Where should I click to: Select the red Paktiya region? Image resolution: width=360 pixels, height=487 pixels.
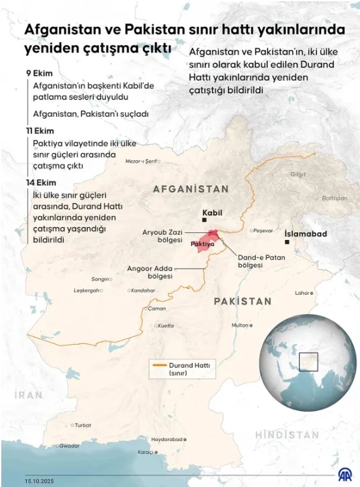click(x=206, y=243)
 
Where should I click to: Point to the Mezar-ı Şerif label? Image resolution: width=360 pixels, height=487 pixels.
click(x=142, y=161)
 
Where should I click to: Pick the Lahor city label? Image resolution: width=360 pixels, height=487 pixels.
click(x=303, y=294)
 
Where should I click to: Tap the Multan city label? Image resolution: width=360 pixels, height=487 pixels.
click(x=239, y=325)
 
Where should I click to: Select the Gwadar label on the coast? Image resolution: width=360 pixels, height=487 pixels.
click(x=69, y=446)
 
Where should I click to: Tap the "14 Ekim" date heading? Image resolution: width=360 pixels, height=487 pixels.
click(x=40, y=183)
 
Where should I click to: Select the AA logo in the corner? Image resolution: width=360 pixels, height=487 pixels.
click(x=345, y=475)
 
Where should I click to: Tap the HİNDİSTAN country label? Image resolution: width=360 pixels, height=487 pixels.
click(x=287, y=435)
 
